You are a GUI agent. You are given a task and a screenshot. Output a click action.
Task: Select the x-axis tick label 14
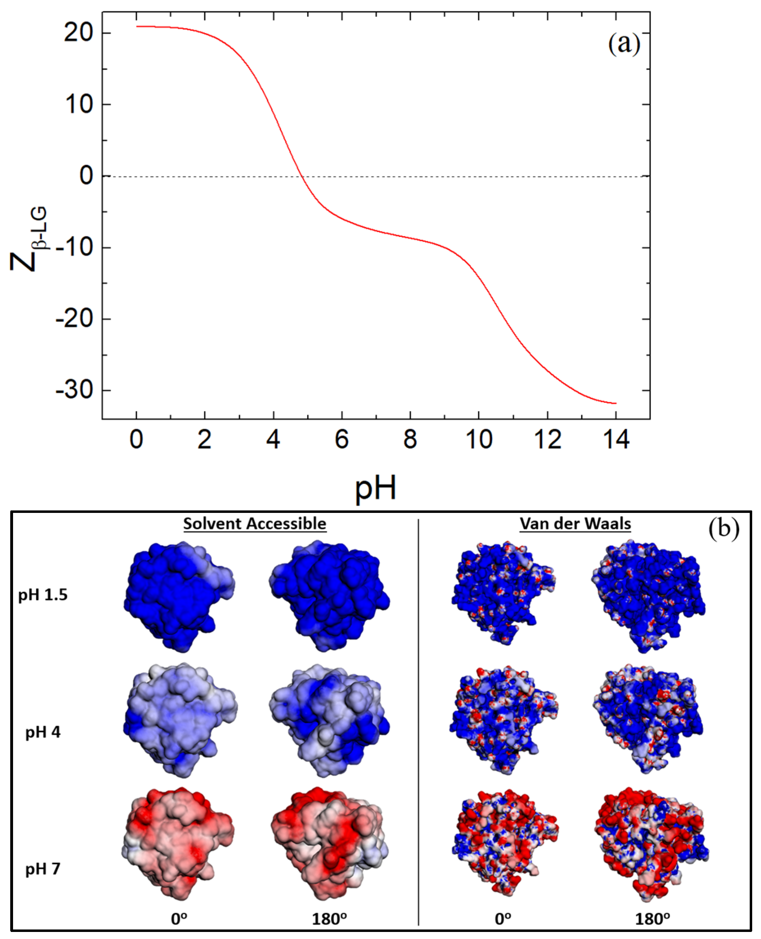(x=616, y=440)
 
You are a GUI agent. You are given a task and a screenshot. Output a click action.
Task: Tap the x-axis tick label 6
(x=342, y=440)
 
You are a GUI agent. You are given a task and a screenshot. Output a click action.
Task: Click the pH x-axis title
(x=376, y=488)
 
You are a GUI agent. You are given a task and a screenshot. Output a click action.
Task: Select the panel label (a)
(x=624, y=44)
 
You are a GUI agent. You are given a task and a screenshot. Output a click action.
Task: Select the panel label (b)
(x=724, y=528)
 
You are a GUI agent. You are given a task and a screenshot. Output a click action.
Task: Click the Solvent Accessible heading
(x=255, y=523)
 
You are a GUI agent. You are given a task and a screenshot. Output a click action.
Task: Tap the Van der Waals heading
(x=575, y=523)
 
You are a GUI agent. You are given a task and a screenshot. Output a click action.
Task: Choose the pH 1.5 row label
(x=43, y=595)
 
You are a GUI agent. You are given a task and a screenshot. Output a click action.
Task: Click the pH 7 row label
(x=43, y=869)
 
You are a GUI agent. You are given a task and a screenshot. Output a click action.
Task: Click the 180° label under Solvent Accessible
(x=329, y=919)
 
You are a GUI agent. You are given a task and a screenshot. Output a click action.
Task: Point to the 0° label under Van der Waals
(x=503, y=919)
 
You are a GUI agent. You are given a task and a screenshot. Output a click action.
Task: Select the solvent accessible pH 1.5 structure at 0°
(x=179, y=596)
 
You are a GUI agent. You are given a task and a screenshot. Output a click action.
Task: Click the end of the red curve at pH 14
(x=616, y=403)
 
